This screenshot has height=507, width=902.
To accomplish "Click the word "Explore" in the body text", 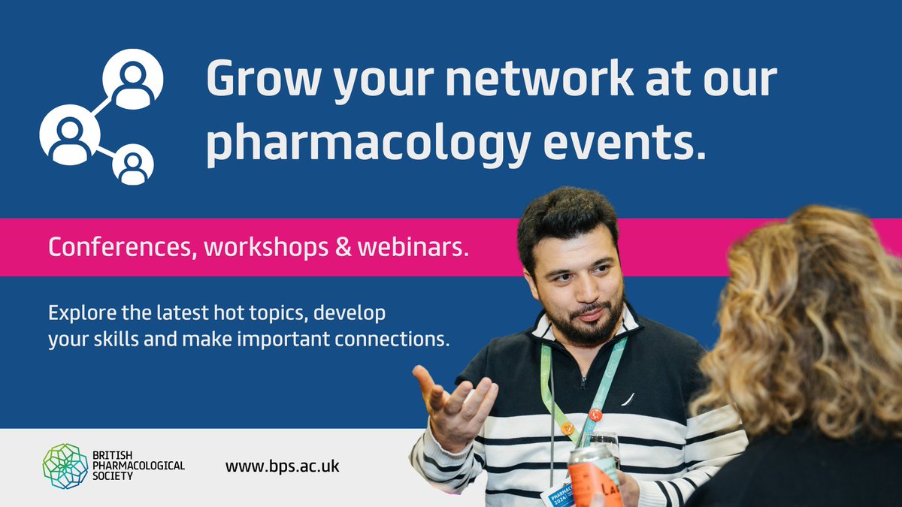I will tap(81, 312).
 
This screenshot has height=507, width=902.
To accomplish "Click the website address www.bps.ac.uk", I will tap(283, 466).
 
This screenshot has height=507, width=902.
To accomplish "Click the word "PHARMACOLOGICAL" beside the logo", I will tap(140, 466).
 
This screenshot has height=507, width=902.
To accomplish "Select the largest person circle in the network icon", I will tap(69, 134).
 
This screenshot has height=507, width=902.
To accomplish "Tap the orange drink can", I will tap(594, 481).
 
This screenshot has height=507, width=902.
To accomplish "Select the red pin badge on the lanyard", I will tap(596, 414).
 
